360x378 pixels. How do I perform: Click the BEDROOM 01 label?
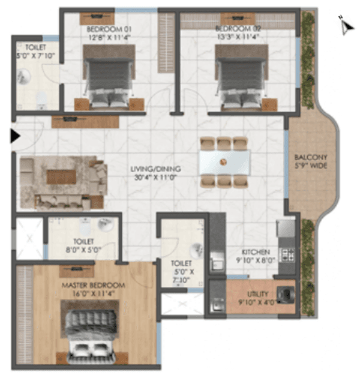pos(110,29)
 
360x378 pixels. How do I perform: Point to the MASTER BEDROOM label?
pos(94,284)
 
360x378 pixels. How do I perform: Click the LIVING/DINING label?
pos(156,169)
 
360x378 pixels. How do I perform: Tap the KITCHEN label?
pos(256,252)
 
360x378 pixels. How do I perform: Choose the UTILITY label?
pos(257,295)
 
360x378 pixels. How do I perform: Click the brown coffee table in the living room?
pos(61,177)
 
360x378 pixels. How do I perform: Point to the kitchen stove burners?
pos(287,254)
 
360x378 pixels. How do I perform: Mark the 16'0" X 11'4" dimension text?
pos(94,295)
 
